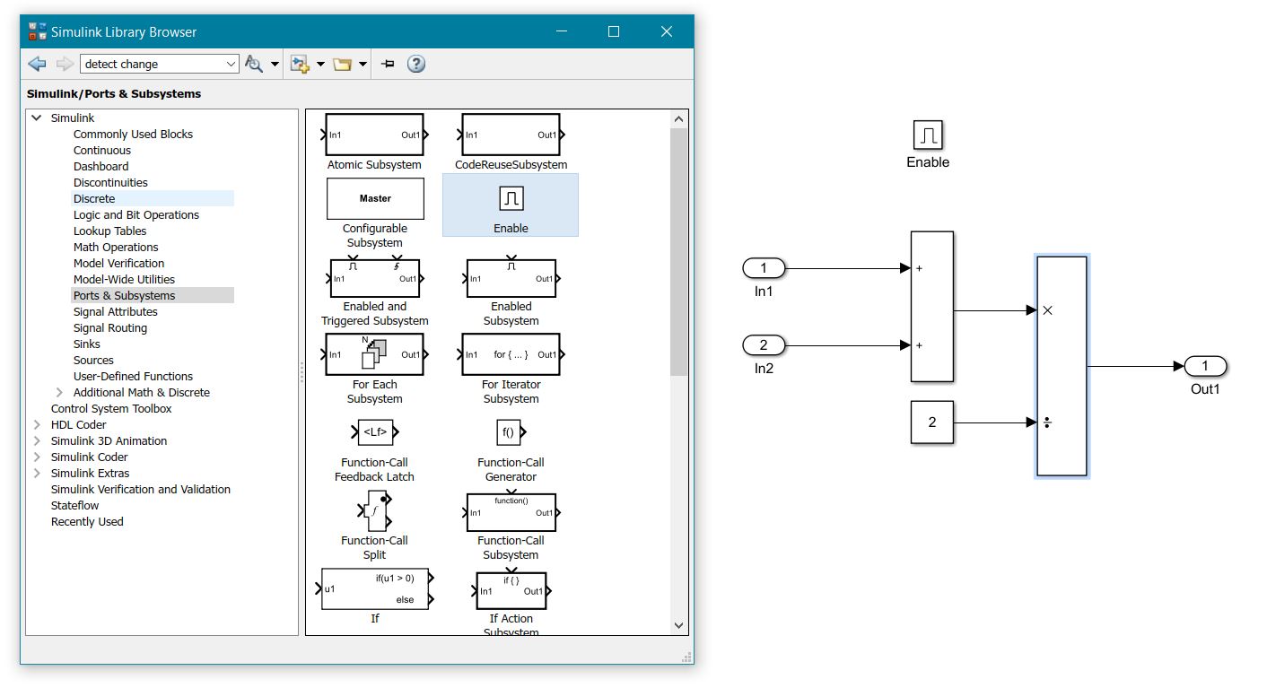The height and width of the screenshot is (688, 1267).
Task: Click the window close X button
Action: pyautogui.click(x=666, y=31)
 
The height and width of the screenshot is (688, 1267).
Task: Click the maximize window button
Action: pyautogui.click(x=614, y=31)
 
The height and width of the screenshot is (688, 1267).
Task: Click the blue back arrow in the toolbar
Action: pyautogui.click(x=37, y=64)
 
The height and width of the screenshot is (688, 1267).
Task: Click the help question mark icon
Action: pyautogui.click(x=416, y=64)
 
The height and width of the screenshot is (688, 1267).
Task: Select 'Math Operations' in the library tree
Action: pyautogui.click(x=116, y=247)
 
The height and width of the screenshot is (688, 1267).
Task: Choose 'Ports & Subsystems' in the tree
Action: pyautogui.click(x=124, y=295)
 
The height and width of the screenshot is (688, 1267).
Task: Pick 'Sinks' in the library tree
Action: pyautogui.click(x=87, y=344)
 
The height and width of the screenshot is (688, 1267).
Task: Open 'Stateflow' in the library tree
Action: pyautogui.click(x=74, y=505)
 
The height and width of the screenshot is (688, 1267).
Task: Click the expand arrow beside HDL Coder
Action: pyautogui.click(x=37, y=424)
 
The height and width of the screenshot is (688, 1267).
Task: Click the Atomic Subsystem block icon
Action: pyautogui.click(x=374, y=135)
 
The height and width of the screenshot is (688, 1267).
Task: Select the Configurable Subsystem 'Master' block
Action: pyautogui.click(x=375, y=198)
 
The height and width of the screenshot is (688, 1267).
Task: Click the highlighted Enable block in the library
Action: pyautogui.click(x=511, y=198)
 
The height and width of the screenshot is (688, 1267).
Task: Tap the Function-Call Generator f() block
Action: pyautogui.click(x=508, y=432)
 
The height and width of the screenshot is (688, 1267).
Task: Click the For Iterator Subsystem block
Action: pyautogui.click(x=511, y=354)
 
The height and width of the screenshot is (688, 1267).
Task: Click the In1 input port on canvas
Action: pyautogui.click(x=764, y=268)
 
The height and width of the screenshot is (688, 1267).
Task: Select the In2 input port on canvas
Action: pyautogui.click(x=764, y=345)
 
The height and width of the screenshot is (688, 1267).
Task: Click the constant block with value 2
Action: pyautogui.click(x=931, y=422)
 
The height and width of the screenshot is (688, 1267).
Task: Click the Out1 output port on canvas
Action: pyautogui.click(x=1205, y=366)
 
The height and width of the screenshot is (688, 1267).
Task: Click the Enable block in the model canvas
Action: pyautogui.click(x=928, y=135)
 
